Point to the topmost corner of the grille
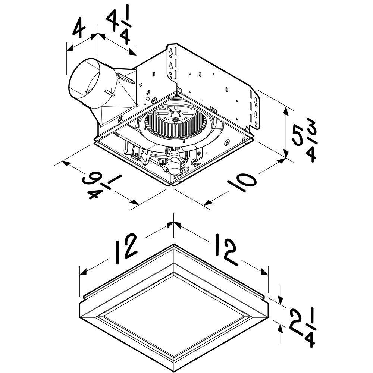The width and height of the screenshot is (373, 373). (x=174, y=245)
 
